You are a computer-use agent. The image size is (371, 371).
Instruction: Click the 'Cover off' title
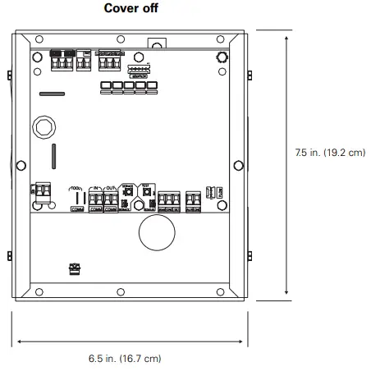(135, 8)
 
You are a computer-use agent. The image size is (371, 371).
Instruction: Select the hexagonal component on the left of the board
(44, 128)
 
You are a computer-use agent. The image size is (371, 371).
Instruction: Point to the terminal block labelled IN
(95, 199)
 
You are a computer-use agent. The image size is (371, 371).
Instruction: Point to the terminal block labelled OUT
(111, 199)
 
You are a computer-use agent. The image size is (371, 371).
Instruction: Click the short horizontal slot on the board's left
(52, 94)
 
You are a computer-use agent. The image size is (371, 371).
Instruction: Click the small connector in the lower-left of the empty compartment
(75, 268)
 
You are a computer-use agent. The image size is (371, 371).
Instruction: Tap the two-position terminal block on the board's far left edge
(40, 191)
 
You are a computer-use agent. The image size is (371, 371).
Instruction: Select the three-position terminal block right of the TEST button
(168, 199)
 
